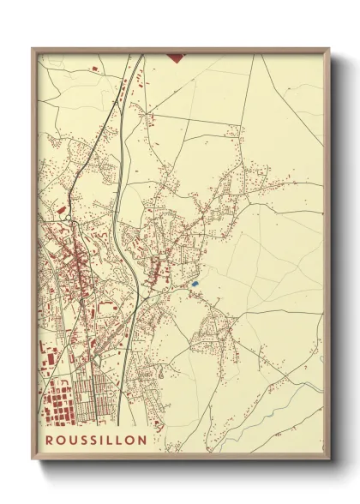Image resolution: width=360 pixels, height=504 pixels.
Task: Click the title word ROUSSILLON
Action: point(96,440)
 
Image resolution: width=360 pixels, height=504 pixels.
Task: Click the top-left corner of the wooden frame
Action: point(33,49)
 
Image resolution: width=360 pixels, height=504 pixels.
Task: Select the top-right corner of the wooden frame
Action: point(330,49)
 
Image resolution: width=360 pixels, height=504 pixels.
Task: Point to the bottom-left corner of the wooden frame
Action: point(33,459)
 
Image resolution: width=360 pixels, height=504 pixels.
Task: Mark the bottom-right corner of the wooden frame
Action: point(330,459)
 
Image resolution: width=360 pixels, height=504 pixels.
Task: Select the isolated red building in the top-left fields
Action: point(95,66)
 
